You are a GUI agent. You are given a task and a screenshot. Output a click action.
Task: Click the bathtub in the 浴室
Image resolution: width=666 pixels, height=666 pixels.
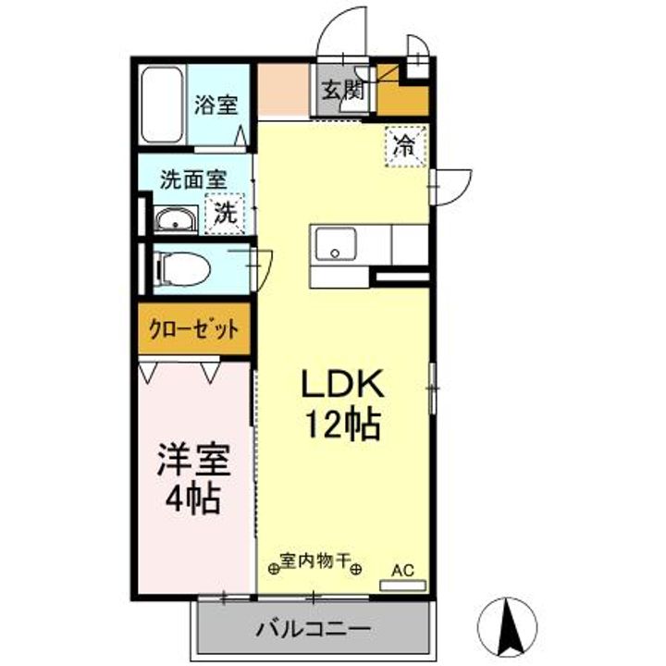click(x=163, y=104)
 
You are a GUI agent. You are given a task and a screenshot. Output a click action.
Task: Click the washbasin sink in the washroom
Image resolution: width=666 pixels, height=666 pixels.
click(x=174, y=220)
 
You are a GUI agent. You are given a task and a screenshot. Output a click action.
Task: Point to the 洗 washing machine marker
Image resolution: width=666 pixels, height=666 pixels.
click(x=226, y=212)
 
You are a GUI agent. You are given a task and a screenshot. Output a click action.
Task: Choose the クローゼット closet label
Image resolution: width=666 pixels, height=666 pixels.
click(x=194, y=328)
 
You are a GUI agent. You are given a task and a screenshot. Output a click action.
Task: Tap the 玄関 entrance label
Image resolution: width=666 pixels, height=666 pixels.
click(x=341, y=90)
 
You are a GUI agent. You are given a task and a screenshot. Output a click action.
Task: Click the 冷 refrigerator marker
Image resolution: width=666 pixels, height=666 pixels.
click(x=405, y=145)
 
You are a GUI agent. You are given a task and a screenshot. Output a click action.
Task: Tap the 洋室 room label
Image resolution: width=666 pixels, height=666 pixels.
click(x=192, y=460)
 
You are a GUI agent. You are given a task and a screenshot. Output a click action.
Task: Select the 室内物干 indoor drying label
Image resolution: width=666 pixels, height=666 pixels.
click(x=315, y=561)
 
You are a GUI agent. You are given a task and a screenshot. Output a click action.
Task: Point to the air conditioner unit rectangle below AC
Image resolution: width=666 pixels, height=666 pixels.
click(x=404, y=585)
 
